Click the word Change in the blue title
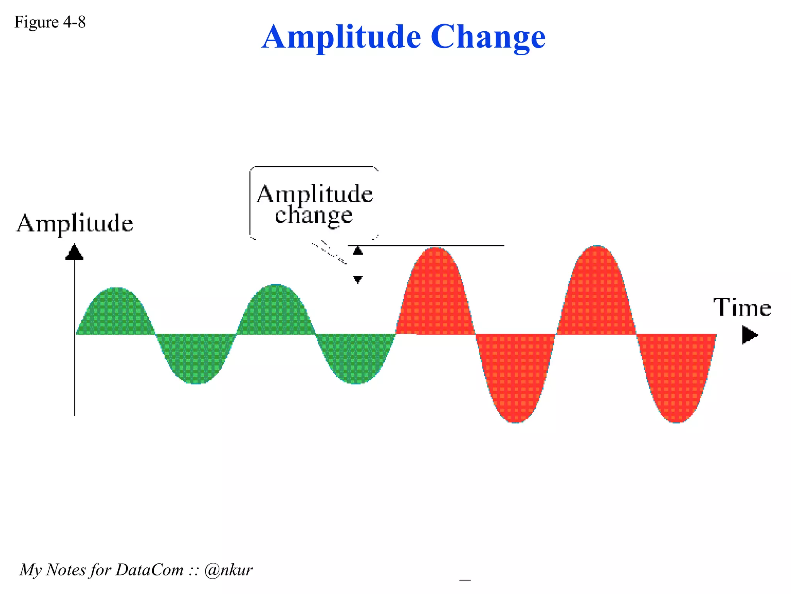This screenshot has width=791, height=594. coord(488,37)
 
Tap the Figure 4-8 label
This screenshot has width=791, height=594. coord(50,22)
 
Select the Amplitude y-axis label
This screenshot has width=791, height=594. coord(75,224)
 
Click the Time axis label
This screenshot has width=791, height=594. coord(742,308)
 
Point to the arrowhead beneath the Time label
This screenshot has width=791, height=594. coord(749,335)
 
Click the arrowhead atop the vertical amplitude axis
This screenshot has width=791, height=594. coord(74,252)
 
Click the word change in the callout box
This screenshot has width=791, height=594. coord(314,215)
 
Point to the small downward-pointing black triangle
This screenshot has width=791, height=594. coord(358,279)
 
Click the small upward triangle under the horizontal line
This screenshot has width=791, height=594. coord(358,251)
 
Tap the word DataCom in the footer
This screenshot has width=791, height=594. coord(149,570)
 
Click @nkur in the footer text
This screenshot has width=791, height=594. coord(228,570)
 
